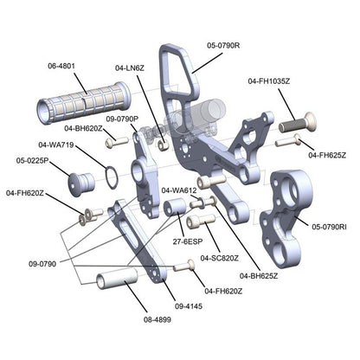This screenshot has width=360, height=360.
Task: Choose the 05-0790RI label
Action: click(331, 227)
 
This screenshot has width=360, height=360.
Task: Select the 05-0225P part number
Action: click(32, 160)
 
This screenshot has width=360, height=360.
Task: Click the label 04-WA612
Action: click(179, 190)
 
